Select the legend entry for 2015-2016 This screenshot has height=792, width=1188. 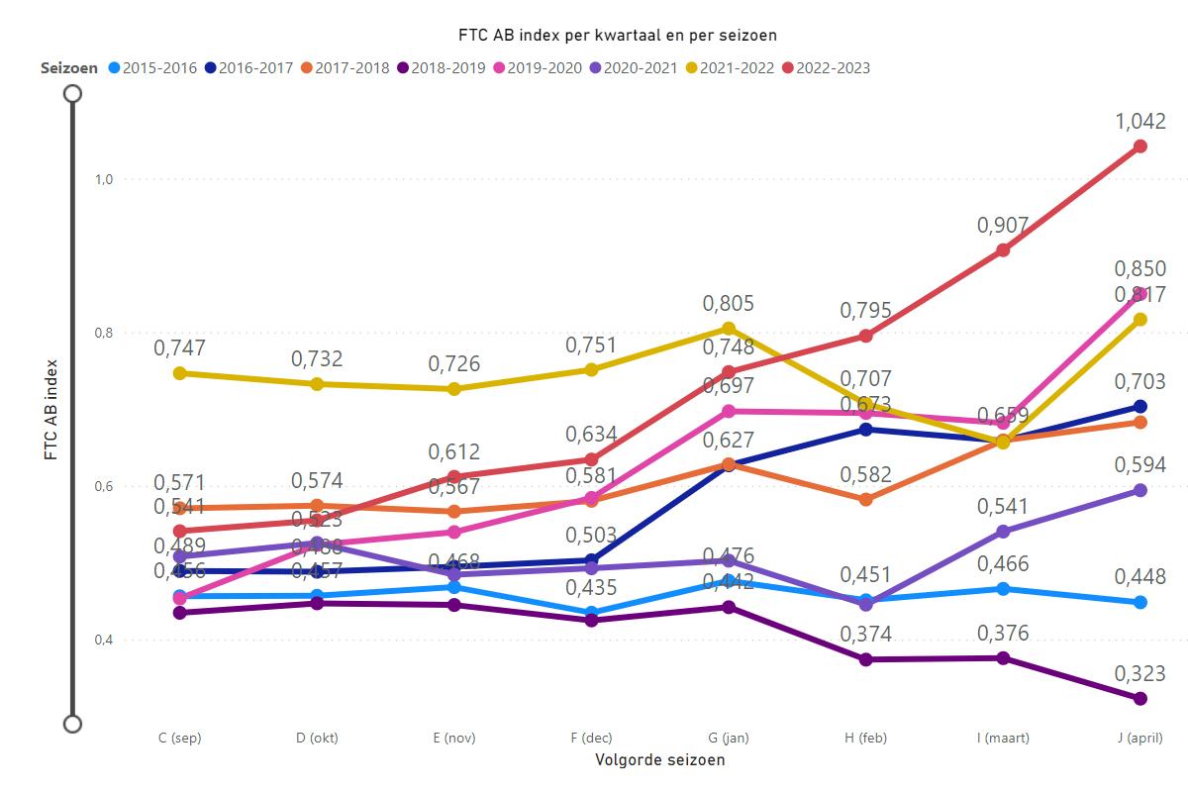[x=154, y=68]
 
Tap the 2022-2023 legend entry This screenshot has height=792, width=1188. [x=826, y=68]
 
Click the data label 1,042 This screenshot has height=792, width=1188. [x=1139, y=121]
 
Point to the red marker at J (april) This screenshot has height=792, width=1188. [x=1139, y=147]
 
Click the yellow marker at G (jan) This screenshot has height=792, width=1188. [x=729, y=329]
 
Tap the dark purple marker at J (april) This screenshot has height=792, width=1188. [x=1139, y=699]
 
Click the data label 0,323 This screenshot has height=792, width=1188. [x=1139, y=673]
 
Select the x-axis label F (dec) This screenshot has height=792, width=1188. [x=591, y=739]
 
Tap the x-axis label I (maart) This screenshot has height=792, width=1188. [x=1003, y=739]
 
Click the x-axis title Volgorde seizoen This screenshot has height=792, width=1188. [x=659, y=760]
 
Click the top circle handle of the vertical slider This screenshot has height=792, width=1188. [x=72, y=94]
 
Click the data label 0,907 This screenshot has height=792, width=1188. [x=1003, y=225]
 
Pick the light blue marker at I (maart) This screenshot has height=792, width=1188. [x=1003, y=589]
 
